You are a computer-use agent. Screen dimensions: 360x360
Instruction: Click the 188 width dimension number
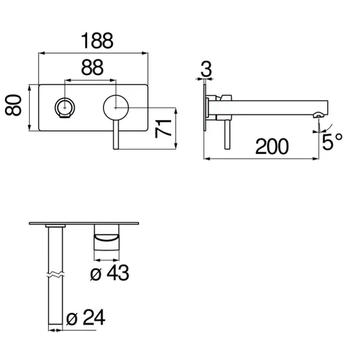point(97,40)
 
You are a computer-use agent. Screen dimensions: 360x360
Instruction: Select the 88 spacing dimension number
point(92,68)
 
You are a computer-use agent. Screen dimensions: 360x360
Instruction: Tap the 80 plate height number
point(13,105)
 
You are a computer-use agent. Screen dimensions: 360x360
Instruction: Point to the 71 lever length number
point(163,129)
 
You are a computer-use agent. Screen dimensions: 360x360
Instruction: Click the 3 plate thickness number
point(206,69)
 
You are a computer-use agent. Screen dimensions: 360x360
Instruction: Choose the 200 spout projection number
point(272,147)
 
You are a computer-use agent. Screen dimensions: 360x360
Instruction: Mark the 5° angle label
point(332,141)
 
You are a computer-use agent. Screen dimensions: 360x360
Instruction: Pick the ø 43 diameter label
point(109,272)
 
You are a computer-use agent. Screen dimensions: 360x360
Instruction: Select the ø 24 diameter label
point(86,317)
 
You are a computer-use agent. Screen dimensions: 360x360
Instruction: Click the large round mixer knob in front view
point(116,107)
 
